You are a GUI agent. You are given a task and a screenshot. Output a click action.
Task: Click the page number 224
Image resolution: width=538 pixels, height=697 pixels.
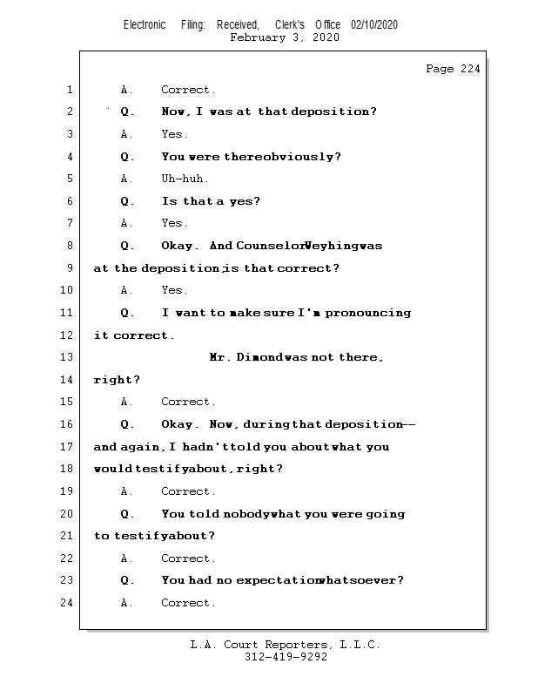click(469, 69)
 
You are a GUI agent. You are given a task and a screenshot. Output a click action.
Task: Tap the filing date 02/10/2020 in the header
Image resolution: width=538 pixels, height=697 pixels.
click(374, 25)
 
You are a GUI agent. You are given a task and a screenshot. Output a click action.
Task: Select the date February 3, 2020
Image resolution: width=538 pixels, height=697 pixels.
click(285, 38)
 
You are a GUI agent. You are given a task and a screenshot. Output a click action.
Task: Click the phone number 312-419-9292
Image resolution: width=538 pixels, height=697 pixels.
click(286, 658)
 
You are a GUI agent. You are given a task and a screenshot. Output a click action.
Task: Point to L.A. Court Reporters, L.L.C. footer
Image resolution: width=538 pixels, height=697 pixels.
click(285, 645)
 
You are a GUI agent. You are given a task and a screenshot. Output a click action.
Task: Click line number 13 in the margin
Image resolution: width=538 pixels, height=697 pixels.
click(69, 357)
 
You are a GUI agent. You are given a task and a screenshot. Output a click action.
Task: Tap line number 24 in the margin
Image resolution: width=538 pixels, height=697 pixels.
click(69, 603)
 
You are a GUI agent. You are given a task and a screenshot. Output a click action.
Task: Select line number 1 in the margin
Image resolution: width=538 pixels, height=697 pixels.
click(69, 90)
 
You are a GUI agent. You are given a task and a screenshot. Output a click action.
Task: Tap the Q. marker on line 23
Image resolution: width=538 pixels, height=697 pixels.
click(127, 580)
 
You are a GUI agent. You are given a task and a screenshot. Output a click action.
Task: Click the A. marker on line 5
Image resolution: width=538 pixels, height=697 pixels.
click(127, 179)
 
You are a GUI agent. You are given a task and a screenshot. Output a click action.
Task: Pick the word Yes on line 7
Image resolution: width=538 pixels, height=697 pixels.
click(173, 223)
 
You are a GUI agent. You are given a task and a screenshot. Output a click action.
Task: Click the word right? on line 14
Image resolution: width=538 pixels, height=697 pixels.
click(117, 380)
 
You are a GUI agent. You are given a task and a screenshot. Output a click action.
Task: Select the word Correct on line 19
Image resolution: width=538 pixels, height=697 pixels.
click(187, 491)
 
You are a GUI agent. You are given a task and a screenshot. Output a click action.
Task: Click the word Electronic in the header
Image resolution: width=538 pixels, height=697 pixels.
click(145, 25)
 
